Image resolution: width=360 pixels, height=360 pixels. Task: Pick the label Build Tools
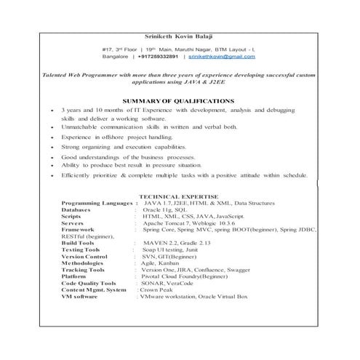click(x=79, y=242)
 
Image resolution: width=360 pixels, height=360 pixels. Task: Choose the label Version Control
click(x=85, y=256)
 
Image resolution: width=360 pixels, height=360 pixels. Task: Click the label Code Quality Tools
click(x=89, y=283)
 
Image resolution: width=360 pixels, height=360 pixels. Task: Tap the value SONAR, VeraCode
click(x=167, y=283)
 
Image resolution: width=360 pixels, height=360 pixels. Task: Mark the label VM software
click(x=81, y=297)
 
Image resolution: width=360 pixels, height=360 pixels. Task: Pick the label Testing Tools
click(x=81, y=249)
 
